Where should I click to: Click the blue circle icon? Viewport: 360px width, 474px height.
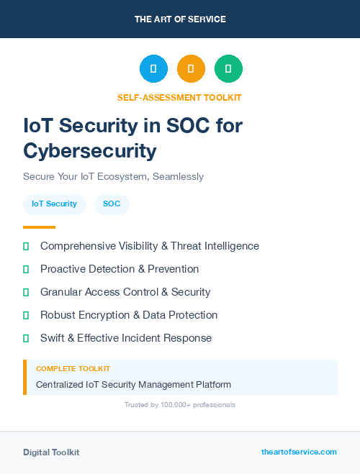click(153, 69)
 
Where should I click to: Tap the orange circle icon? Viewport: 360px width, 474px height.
click(191, 69)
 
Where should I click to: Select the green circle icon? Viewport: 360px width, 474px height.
click(228, 69)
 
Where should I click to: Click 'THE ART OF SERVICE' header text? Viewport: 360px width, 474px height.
click(180, 19)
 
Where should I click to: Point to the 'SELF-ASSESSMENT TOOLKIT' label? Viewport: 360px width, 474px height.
click(179, 97)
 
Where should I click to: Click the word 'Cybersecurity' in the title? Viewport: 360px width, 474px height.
click(89, 150)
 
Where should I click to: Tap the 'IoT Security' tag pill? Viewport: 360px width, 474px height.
click(55, 204)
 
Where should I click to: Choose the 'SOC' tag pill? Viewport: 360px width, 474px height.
click(112, 204)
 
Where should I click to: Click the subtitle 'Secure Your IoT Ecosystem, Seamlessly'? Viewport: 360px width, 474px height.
click(113, 176)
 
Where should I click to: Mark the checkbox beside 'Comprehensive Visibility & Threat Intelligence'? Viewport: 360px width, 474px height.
click(26, 246)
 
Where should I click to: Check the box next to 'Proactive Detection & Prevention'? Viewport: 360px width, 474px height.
click(26, 269)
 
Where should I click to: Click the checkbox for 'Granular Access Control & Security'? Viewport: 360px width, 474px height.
click(26, 292)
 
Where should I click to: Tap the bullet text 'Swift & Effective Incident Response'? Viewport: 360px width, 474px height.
click(126, 338)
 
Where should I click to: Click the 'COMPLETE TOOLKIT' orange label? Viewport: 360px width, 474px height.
click(73, 368)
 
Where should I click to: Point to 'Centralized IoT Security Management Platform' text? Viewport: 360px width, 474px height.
click(133, 385)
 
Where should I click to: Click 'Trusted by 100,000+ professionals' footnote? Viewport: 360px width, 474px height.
click(179, 405)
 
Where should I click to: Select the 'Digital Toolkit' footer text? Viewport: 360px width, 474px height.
click(51, 452)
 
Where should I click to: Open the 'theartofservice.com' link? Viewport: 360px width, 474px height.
click(299, 452)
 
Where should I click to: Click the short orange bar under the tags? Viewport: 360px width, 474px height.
click(39, 227)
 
